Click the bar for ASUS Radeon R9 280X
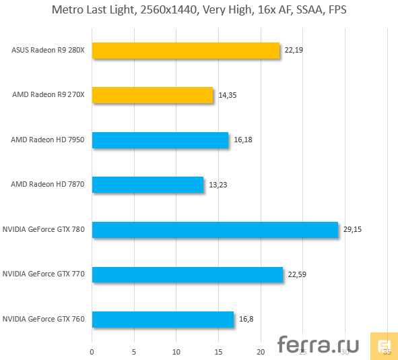[x=186, y=51]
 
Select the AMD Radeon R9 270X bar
[x=152, y=95]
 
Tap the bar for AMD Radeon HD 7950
[x=160, y=140]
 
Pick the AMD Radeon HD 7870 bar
[x=147, y=184]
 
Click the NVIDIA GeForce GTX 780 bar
[x=215, y=229]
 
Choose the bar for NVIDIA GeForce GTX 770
[x=187, y=274]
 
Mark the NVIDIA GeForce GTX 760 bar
[x=163, y=319]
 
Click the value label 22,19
[x=294, y=51]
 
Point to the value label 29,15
[x=352, y=229]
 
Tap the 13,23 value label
[x=218, y=184]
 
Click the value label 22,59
[x=297, y=274]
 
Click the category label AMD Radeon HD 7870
[x=47, y=184]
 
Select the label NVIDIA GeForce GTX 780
[x=44, y=229]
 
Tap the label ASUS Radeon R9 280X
[x=48, y=51]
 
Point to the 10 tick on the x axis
[x=176, y=352]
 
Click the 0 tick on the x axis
[x=92, y=352]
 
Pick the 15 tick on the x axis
[x=218, y=352]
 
